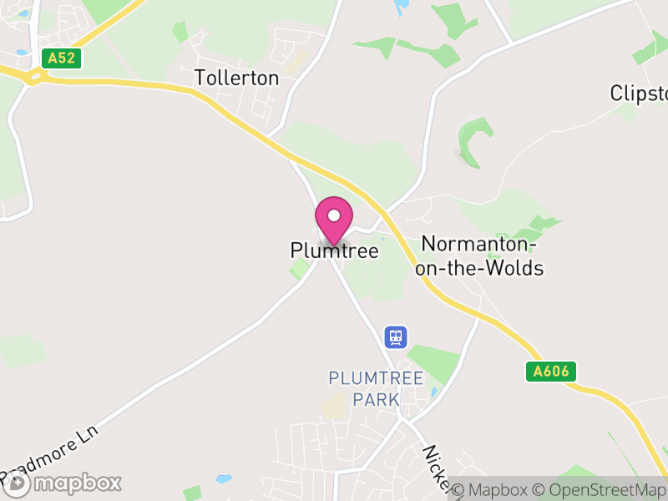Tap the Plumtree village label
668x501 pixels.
click(x=334, y=250)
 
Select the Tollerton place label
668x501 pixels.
click(x=236, y=78)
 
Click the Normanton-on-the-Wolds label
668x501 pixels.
click(x=483, y=256)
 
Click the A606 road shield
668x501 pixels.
click(x=552, y=372)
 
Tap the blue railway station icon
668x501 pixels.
click(x=395, y=337)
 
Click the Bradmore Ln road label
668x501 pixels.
click(x=50, y=456)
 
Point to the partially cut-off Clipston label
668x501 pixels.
click(x=639, y=92)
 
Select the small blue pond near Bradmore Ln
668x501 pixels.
click(x=222, y=479)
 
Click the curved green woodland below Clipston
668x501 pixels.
click(x=472, y=138)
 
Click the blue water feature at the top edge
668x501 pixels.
click(x=402, y=4)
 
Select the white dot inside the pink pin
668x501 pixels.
click(x=334, y=215)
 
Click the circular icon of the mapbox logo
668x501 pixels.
click(x=18, y=483)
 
